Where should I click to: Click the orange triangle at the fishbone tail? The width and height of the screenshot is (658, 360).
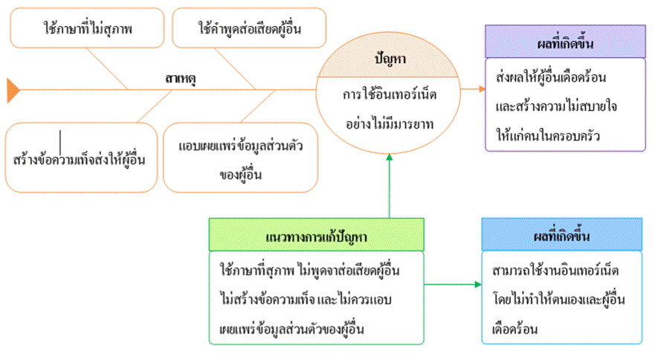(13, 89)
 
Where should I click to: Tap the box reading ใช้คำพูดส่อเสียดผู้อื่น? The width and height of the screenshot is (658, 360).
(249, 29)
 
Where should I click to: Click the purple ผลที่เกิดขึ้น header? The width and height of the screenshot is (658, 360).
(566, 42)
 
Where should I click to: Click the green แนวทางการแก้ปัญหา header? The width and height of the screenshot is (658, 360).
(316, 234)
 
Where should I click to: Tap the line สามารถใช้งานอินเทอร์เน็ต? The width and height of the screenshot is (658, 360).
(555, 269)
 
